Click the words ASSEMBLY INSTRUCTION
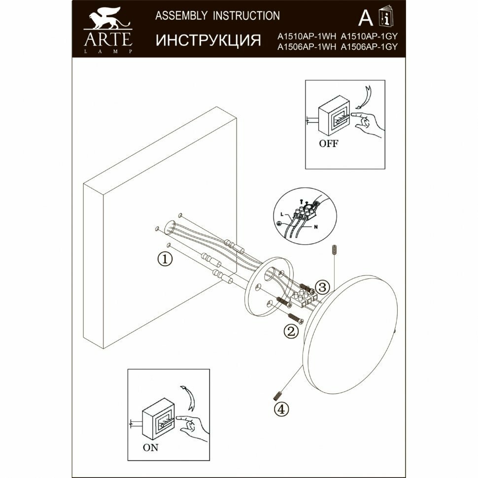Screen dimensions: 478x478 (x=217, y=16)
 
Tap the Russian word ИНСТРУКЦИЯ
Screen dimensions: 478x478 (x=208, y=40)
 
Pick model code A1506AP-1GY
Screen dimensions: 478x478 (x=369, y=47)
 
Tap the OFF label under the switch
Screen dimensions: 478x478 (x=328, y=144)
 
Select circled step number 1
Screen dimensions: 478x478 (x=165, y=258)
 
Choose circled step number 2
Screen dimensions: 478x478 (x=291, y=332)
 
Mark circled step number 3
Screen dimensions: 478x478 (x=321, y=287)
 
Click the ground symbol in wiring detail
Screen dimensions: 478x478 (x=278, y=223)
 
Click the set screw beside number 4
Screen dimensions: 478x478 (x=277, y=395)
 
